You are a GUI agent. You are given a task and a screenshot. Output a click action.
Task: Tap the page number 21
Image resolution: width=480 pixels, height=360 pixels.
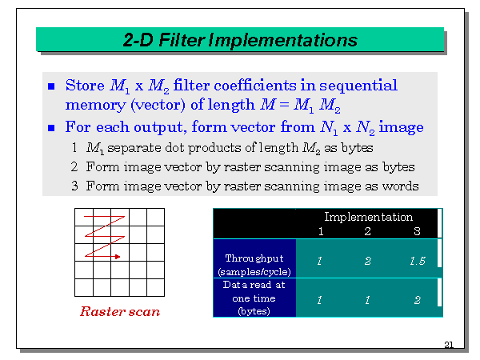pos(448,345)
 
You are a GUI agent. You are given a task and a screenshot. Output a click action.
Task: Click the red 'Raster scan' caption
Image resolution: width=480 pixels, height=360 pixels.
pos(119,311)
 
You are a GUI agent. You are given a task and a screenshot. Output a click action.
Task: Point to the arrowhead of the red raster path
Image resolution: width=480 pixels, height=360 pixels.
pos(118,257)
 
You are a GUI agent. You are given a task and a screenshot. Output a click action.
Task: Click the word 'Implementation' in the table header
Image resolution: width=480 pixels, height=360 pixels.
pos(368,217)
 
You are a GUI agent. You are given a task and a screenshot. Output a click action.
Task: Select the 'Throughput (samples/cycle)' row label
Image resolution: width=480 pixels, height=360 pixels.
pos(254,265)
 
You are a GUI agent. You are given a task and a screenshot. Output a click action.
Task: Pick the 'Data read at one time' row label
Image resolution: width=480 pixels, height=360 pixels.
pos(254,298)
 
